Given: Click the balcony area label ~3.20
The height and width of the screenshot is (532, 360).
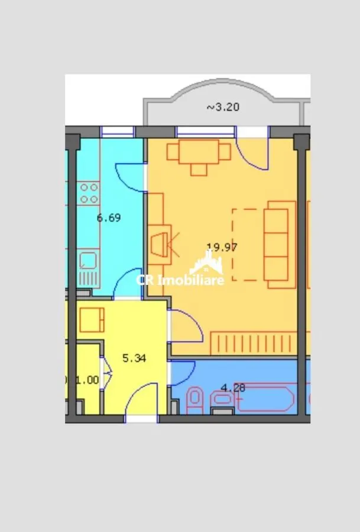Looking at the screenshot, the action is [223, 107].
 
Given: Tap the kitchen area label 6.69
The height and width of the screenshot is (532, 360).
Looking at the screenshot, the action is [109, 218].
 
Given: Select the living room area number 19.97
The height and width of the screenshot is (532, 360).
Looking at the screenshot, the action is [222, 247].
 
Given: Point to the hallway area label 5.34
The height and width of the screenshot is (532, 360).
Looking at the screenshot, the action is [134, 358].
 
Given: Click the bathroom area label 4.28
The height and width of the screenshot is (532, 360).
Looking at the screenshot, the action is [233, 387].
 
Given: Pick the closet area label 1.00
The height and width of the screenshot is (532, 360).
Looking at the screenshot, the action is [87, 379].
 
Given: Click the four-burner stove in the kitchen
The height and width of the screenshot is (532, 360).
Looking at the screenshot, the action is [89, 193].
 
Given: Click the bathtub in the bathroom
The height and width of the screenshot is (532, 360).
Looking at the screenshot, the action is [265, 399].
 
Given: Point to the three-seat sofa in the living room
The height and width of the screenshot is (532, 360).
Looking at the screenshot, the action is [280, 245].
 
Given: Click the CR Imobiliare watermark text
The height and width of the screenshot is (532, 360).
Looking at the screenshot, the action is [180, 280].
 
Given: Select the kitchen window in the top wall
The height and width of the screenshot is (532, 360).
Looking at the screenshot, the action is [118, 132].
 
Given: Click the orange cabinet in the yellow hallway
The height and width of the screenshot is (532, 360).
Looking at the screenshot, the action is [92, 320].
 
